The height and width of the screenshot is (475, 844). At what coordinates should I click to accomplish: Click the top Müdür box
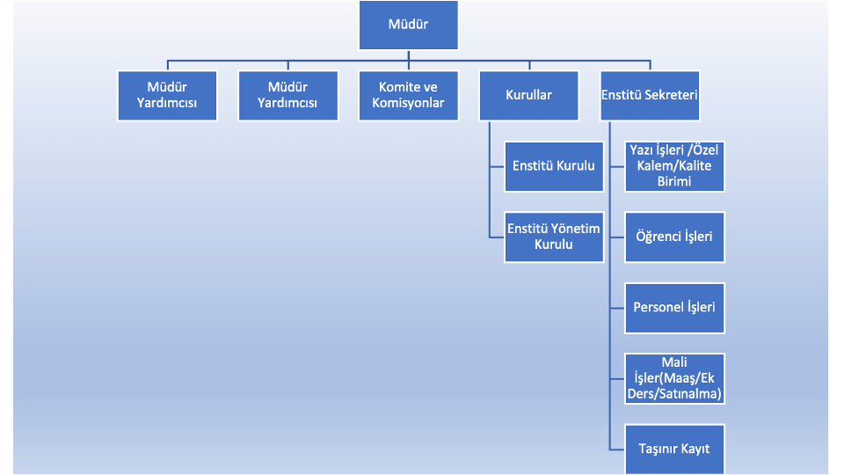(x=408, y=25)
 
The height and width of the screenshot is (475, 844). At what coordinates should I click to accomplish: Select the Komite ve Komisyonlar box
(x=408, y=95)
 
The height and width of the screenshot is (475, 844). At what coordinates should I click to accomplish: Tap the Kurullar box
(x=528, y=95)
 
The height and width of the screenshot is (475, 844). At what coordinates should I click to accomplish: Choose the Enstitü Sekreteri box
(x=649, y=95)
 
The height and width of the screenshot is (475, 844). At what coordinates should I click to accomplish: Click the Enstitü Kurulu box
(x=554, y=166)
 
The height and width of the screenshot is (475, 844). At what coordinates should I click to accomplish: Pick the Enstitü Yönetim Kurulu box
(x=554, y=237)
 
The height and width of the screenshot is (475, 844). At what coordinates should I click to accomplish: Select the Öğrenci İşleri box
(x=674, y=237)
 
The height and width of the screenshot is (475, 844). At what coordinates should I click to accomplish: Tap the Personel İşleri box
(x=674, y=308)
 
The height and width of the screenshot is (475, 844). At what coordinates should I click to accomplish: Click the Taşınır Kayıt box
(x=674, y=449)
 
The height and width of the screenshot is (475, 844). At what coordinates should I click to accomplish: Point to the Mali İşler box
(x=674, y=378)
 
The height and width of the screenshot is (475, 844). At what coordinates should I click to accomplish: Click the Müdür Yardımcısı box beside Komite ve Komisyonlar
(x=288, y=95)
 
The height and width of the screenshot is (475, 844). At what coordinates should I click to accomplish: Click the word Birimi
(x=674, y=181)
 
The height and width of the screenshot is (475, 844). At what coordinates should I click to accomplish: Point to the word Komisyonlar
(x=408, y=103)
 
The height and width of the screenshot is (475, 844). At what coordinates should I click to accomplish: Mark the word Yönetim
(x=575, y=229)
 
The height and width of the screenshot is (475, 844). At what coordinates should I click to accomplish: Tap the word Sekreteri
(x=671, y=95)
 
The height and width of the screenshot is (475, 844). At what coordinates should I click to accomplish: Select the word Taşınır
(x=656, y=449)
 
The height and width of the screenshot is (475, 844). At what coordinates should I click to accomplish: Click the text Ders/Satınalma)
(x=674, y=394)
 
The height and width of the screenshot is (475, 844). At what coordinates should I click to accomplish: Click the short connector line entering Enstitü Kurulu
(x=497, y=166)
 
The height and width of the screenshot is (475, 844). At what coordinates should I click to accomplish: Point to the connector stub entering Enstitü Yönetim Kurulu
(x=497, y=237)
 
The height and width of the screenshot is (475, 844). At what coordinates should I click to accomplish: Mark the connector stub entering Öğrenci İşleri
(x=617, y=237)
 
